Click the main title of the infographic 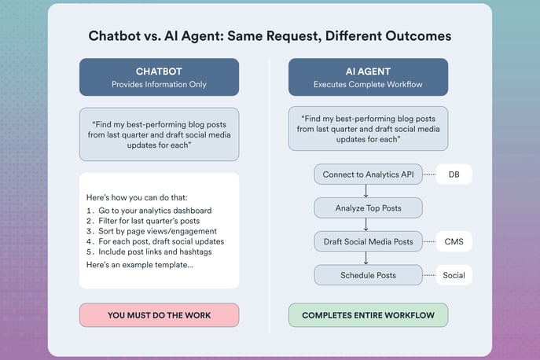point(270,35)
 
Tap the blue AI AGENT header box point(368,77)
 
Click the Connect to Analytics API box point(368,174)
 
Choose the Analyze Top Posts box point(368,208)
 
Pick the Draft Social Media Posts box point(368,241)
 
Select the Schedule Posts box point(368,275)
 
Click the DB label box point(454,174)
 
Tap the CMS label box point(454,241)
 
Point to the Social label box point(454,275)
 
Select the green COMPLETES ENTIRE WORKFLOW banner point(368,315)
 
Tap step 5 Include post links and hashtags point(149,252)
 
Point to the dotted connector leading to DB point(429,174)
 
